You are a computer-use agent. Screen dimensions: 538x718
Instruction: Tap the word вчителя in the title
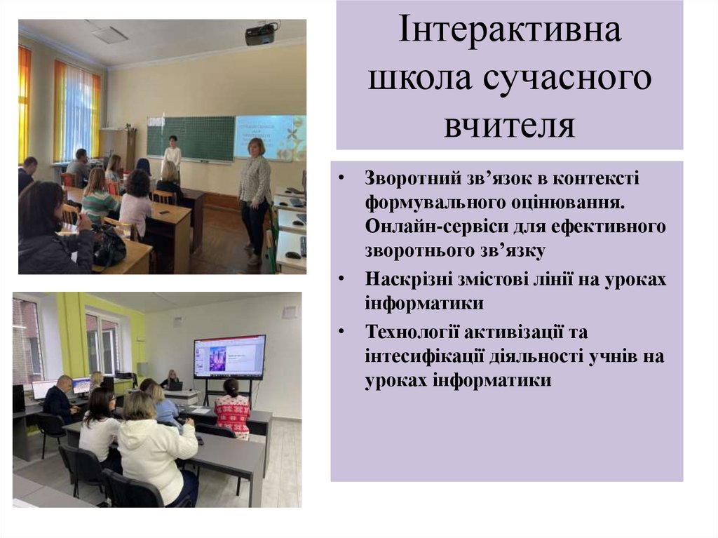click(x=510, y=125)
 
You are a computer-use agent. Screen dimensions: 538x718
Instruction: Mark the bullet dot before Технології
click(x=341, y=330)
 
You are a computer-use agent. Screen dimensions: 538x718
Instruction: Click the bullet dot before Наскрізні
click(x=341, y=279)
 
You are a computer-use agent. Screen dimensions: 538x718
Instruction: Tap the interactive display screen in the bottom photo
click(x=229, y=356)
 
